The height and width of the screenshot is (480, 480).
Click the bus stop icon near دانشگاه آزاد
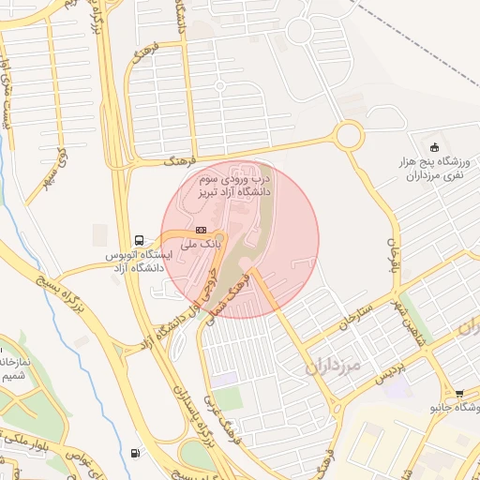pos(140,239)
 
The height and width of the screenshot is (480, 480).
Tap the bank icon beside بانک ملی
pos(201,230)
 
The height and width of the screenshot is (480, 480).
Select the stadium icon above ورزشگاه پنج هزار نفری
pos(434,147)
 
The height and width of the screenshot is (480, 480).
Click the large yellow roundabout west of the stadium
pos(349,135)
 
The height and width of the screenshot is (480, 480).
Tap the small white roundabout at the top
pos(299,31)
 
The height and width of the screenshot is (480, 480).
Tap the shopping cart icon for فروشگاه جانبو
pos(458,395)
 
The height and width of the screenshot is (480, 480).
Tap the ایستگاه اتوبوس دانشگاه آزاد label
pos(136,261)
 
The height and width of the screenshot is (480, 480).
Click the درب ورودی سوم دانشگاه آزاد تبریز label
pos(234,185)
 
